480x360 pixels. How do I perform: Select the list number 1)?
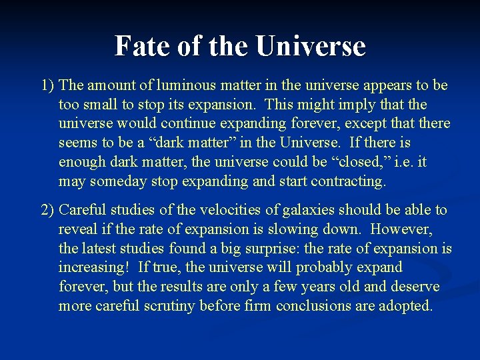(48, 85)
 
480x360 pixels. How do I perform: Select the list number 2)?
(48, 210)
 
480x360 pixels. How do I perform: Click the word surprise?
(269, 249)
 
